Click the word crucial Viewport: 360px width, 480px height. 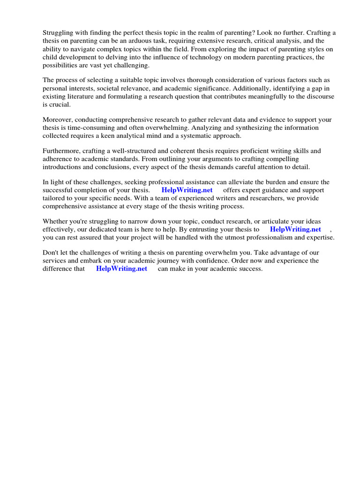tap(58, 105)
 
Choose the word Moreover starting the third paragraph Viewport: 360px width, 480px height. tap(58, 120)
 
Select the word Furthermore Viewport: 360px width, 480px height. tap(62, 151)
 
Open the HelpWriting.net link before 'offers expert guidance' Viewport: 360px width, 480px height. tap(187, 190)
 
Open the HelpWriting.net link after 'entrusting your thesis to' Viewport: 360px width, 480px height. tap(295, 229)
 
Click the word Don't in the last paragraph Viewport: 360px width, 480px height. tap(51, 253)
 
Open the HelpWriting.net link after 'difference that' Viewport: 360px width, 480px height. tap(121, 269)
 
